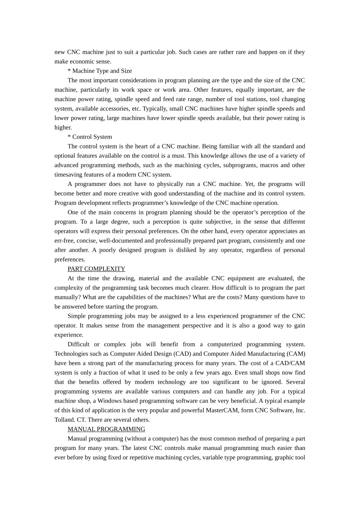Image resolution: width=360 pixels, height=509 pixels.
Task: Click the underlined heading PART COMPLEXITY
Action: click(x=96, y=269)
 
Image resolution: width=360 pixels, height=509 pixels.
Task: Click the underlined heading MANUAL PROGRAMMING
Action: click(x=106, y=429)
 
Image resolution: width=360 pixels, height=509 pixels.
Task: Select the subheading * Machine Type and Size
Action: click(x=100, y=71)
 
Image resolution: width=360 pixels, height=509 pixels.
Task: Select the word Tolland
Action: click(x=64, y=420)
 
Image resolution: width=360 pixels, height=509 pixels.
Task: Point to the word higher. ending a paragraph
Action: click(x=63, y=128)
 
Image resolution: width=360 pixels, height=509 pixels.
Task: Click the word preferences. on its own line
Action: click(x=70, y=259)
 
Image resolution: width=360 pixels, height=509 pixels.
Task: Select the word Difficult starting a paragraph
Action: click(x=79, y=344)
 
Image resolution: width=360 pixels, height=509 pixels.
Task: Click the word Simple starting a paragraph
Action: click(x=77, y=316)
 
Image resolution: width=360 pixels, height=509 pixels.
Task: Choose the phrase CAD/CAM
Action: click(x=291, y=363)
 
